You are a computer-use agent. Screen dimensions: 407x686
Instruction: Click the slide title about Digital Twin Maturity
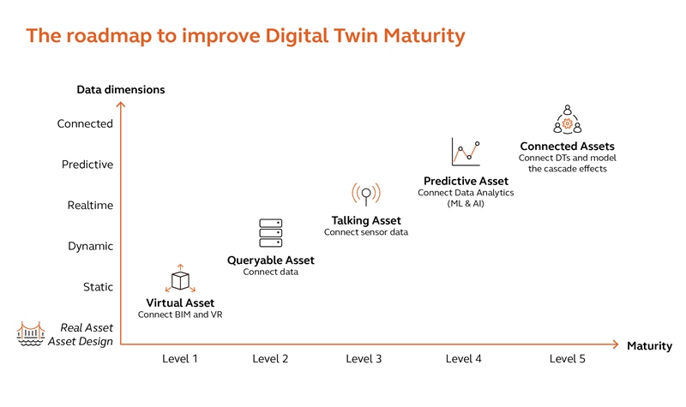coord(245,35)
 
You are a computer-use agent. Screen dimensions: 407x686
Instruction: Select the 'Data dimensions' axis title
coord(121,89)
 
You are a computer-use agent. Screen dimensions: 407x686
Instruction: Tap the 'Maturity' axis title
coord(649,346)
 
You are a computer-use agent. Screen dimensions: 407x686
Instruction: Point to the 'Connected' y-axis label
coord(85,123)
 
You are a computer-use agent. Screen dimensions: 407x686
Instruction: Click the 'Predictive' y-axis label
coord(87,165)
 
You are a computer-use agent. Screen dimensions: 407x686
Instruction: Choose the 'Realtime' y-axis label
coord(90,206)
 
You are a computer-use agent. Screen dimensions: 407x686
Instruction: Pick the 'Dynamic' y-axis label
coord(90,246)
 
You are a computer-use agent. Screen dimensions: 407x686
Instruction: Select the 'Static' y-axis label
coord(98,287)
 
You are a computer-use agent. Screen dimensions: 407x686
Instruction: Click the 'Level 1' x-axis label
coord(180,359)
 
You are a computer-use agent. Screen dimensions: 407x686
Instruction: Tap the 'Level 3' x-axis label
coord(364,359)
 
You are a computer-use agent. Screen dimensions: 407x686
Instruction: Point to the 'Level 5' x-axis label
coord(567,359)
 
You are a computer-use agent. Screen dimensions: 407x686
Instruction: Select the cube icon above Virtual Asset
coord(180,279)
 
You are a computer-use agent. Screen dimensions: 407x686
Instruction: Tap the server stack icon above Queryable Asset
coord(270,233)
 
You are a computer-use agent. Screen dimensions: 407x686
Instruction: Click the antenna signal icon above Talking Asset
coord(366,195)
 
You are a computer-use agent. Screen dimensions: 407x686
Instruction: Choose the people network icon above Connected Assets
coord(567,121)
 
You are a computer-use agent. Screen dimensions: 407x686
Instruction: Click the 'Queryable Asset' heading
coord(270,260)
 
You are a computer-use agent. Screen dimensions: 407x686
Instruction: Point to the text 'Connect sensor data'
coord(366,233)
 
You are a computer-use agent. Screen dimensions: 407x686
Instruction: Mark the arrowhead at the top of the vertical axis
coord(121,105)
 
